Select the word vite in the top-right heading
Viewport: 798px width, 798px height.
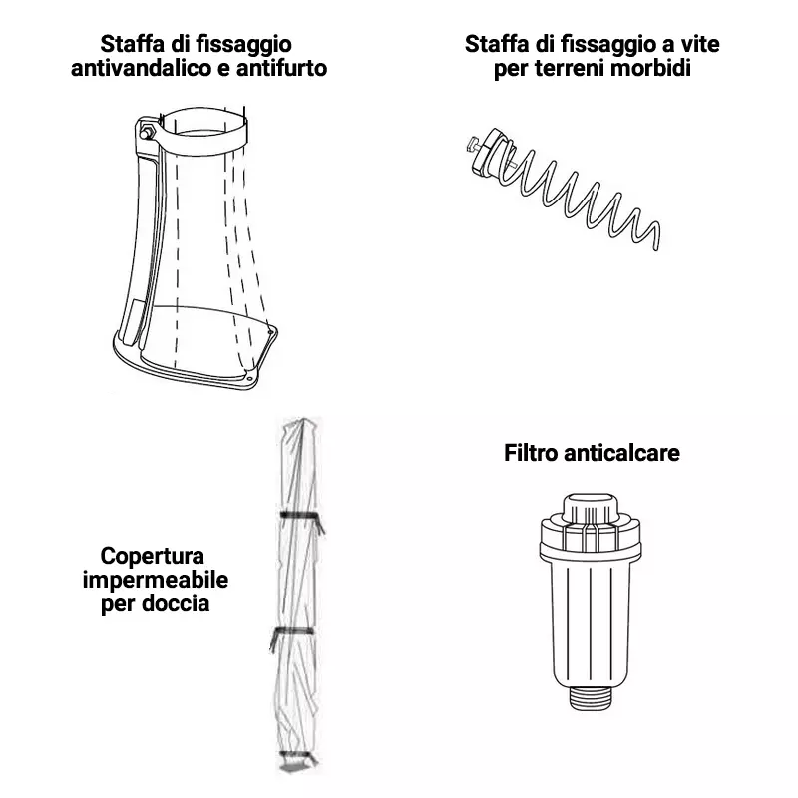click(700, 44)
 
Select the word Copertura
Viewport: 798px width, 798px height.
click(153, 556)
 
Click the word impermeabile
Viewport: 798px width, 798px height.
click(156, 581)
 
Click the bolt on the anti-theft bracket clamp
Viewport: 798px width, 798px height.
click(148, 130)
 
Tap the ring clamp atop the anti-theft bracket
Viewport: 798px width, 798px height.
click(202, 126)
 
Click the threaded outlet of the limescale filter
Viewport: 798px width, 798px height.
click(591, 697)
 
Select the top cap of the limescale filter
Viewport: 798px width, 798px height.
click(591, 509)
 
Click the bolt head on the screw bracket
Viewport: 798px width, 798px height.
click(471, 144)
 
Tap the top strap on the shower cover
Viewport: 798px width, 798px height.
click(301, 517)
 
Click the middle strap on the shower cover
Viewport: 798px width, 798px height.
click(293, 632)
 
